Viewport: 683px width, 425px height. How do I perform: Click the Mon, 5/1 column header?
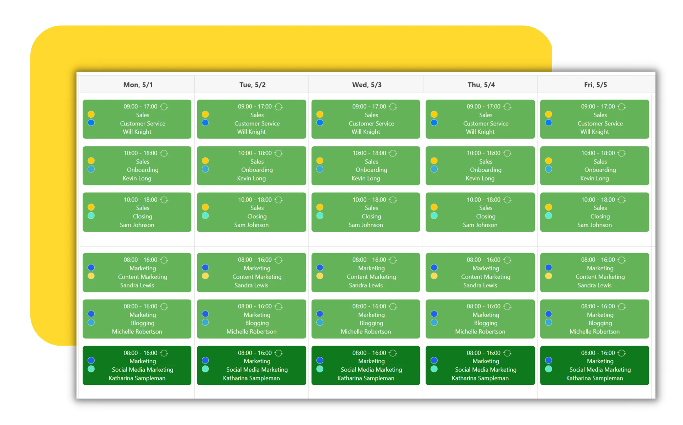pos(138,85)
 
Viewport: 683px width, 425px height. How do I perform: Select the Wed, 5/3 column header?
pos(367,85)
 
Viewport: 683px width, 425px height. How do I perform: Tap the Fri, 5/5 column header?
pos(595,85)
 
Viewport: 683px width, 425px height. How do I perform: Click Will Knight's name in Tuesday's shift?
pos(251,132)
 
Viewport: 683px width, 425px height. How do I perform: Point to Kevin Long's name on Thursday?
pos(480,178)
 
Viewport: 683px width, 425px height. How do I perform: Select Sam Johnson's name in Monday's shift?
pos(137,225)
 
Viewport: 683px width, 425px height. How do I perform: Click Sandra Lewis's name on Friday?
pos(594,285)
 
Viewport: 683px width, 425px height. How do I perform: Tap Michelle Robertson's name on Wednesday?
pos(366,331)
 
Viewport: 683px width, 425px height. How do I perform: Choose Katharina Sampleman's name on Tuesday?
pos(251,378)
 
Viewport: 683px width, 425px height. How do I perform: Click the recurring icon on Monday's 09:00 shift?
pos(164,107)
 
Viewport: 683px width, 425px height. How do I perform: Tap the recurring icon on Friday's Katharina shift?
pos(621,353)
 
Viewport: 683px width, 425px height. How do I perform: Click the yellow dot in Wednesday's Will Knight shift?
pos(320,114)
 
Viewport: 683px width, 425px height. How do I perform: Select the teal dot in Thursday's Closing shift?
pos(434,216)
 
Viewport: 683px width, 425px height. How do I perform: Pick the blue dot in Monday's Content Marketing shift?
pos(91,267)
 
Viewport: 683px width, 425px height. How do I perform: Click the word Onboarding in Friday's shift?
pos(600,170)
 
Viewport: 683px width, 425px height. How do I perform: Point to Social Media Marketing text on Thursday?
pos(486,370)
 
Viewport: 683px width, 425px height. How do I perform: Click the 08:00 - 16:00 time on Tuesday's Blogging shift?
pos(255,306)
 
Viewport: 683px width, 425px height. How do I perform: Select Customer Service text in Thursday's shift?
pos(486,123)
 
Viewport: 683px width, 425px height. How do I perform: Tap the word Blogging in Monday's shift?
pos(142,323)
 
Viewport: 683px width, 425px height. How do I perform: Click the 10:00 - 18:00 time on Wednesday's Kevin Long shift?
pos(369,153)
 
